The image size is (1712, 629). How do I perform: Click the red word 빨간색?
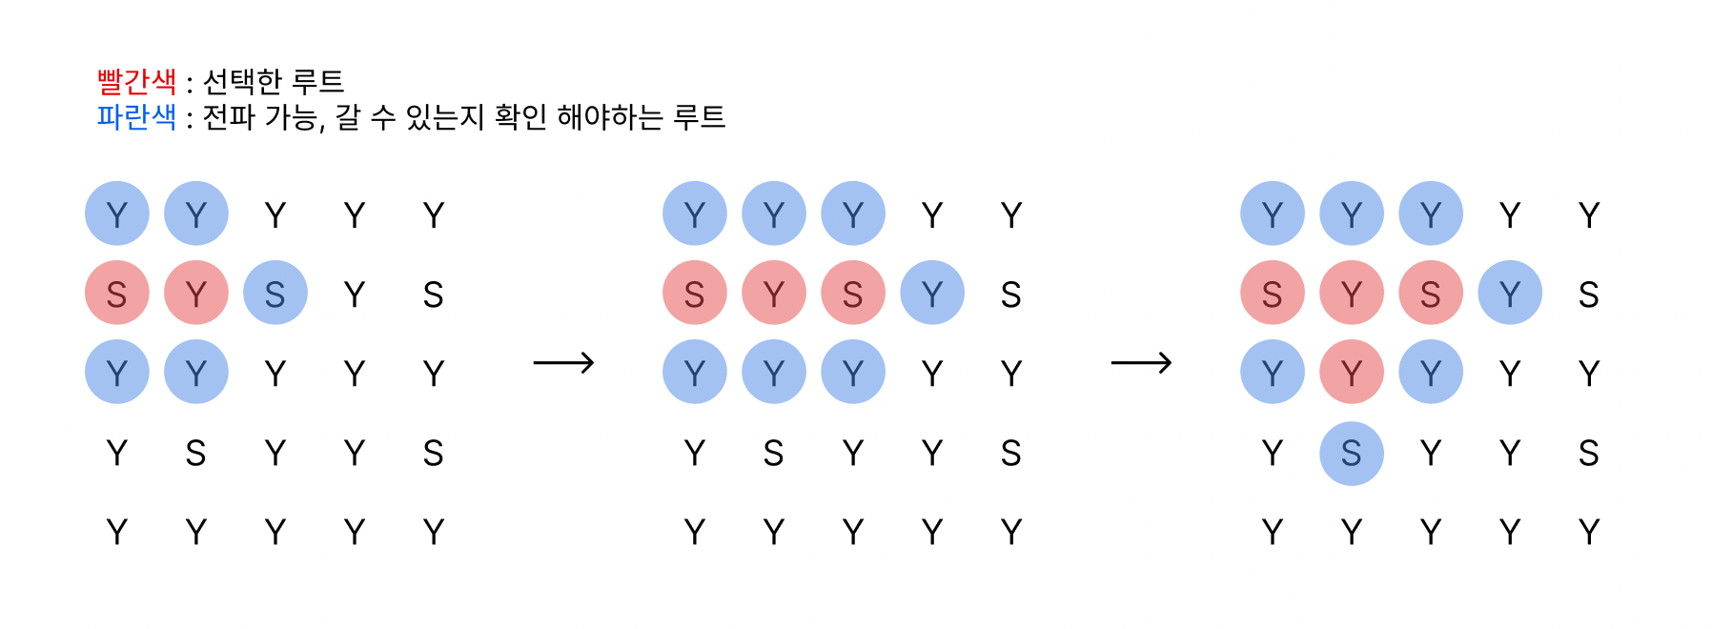136,82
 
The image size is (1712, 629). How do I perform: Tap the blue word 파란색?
136,117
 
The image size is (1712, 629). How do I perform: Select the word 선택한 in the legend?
242,82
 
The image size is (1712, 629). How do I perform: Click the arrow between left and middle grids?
563,363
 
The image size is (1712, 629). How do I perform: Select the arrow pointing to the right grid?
1141,363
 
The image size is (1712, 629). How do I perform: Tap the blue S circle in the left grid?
275,293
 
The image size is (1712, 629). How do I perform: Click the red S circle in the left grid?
117,293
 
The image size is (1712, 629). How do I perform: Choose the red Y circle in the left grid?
196,293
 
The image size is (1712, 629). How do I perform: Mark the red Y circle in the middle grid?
774,293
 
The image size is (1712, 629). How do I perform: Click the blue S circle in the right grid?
1352,454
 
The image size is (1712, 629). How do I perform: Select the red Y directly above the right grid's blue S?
1352,372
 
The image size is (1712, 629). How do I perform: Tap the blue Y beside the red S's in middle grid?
932,293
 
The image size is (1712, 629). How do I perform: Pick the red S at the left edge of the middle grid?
695,293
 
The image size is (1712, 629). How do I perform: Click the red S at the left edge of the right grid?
1273,293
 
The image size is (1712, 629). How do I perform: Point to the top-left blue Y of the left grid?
117,213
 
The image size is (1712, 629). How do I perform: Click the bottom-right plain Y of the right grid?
1589,532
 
